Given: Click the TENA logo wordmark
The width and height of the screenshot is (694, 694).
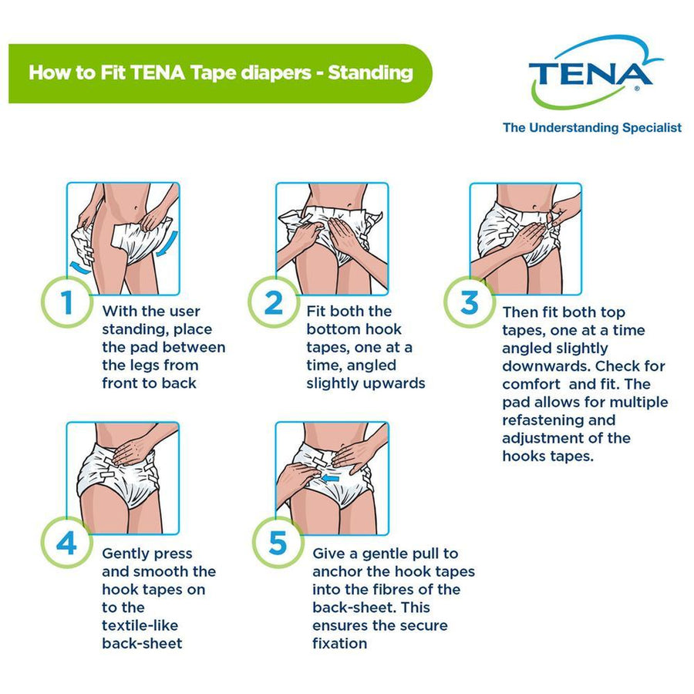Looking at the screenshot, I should pos(591,74).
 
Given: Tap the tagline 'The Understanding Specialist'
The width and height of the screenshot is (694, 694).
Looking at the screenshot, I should pos(591,128).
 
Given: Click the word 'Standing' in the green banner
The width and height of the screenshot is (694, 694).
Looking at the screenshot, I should pos(370,73).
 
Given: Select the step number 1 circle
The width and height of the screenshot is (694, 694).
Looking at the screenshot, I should pos(68,303).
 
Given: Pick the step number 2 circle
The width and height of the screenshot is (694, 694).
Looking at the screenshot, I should pos(274,303).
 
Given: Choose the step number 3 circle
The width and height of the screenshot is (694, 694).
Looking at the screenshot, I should pos(469,303).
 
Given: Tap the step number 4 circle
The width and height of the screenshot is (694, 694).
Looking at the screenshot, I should pos(68,544).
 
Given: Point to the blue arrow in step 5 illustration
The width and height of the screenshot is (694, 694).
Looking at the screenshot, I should pos(331,478).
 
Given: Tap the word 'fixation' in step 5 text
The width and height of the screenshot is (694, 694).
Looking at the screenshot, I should pos(340,643).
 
